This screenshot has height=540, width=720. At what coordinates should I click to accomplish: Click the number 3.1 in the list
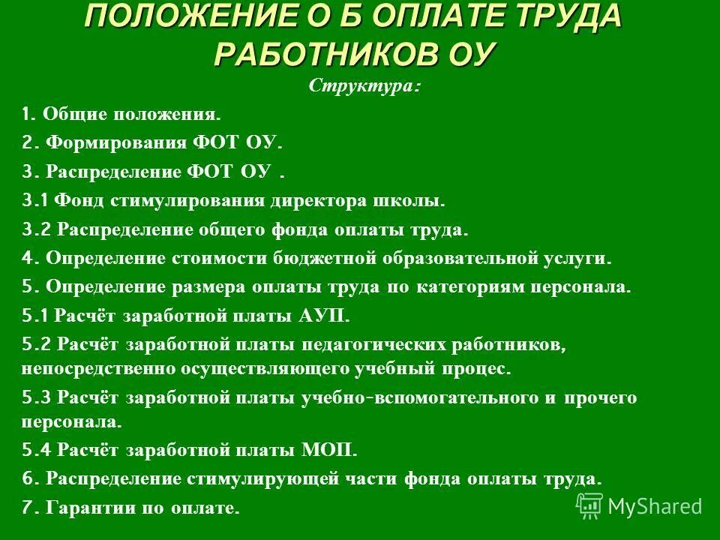tap(35, 201)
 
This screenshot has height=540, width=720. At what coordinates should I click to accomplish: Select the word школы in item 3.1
tap(409, 201)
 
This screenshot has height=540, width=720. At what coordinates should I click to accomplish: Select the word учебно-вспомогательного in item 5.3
tap(418, 398)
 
